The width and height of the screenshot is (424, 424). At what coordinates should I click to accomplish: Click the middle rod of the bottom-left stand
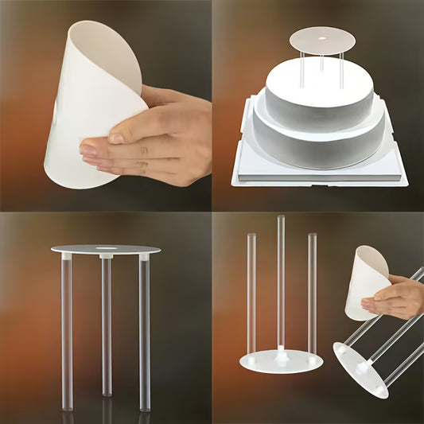click(x=106, y=326)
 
